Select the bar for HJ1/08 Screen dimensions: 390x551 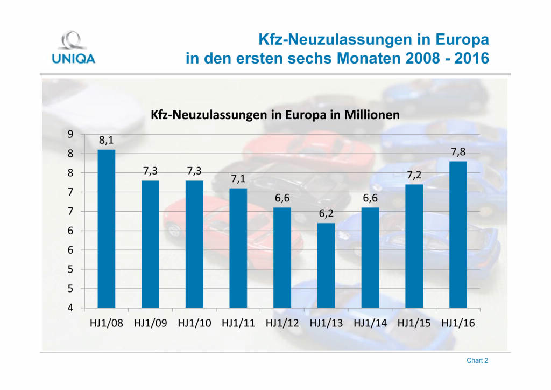106,228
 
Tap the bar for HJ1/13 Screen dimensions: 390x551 326,265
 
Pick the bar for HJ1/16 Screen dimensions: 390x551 458,234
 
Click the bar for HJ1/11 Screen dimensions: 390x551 238,248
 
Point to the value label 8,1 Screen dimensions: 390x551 106,141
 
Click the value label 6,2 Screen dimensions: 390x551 326,214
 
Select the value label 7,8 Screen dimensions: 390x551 458,152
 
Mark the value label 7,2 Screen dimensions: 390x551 414,176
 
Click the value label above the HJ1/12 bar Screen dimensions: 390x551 282,199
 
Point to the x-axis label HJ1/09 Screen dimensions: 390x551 150,324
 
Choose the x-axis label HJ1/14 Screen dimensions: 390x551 370,324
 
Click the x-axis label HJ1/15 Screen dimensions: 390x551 414,324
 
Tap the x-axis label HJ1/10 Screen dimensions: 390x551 194,324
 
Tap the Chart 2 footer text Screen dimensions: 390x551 477,360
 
